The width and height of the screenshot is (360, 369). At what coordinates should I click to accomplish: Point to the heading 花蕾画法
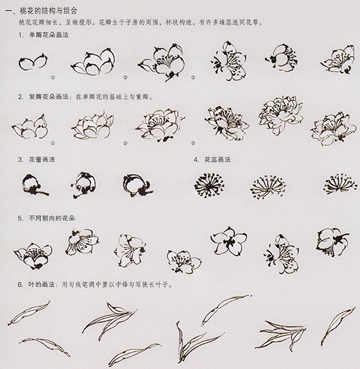(39, 160)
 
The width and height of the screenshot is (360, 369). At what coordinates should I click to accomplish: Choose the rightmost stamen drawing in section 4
(338, 184)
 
